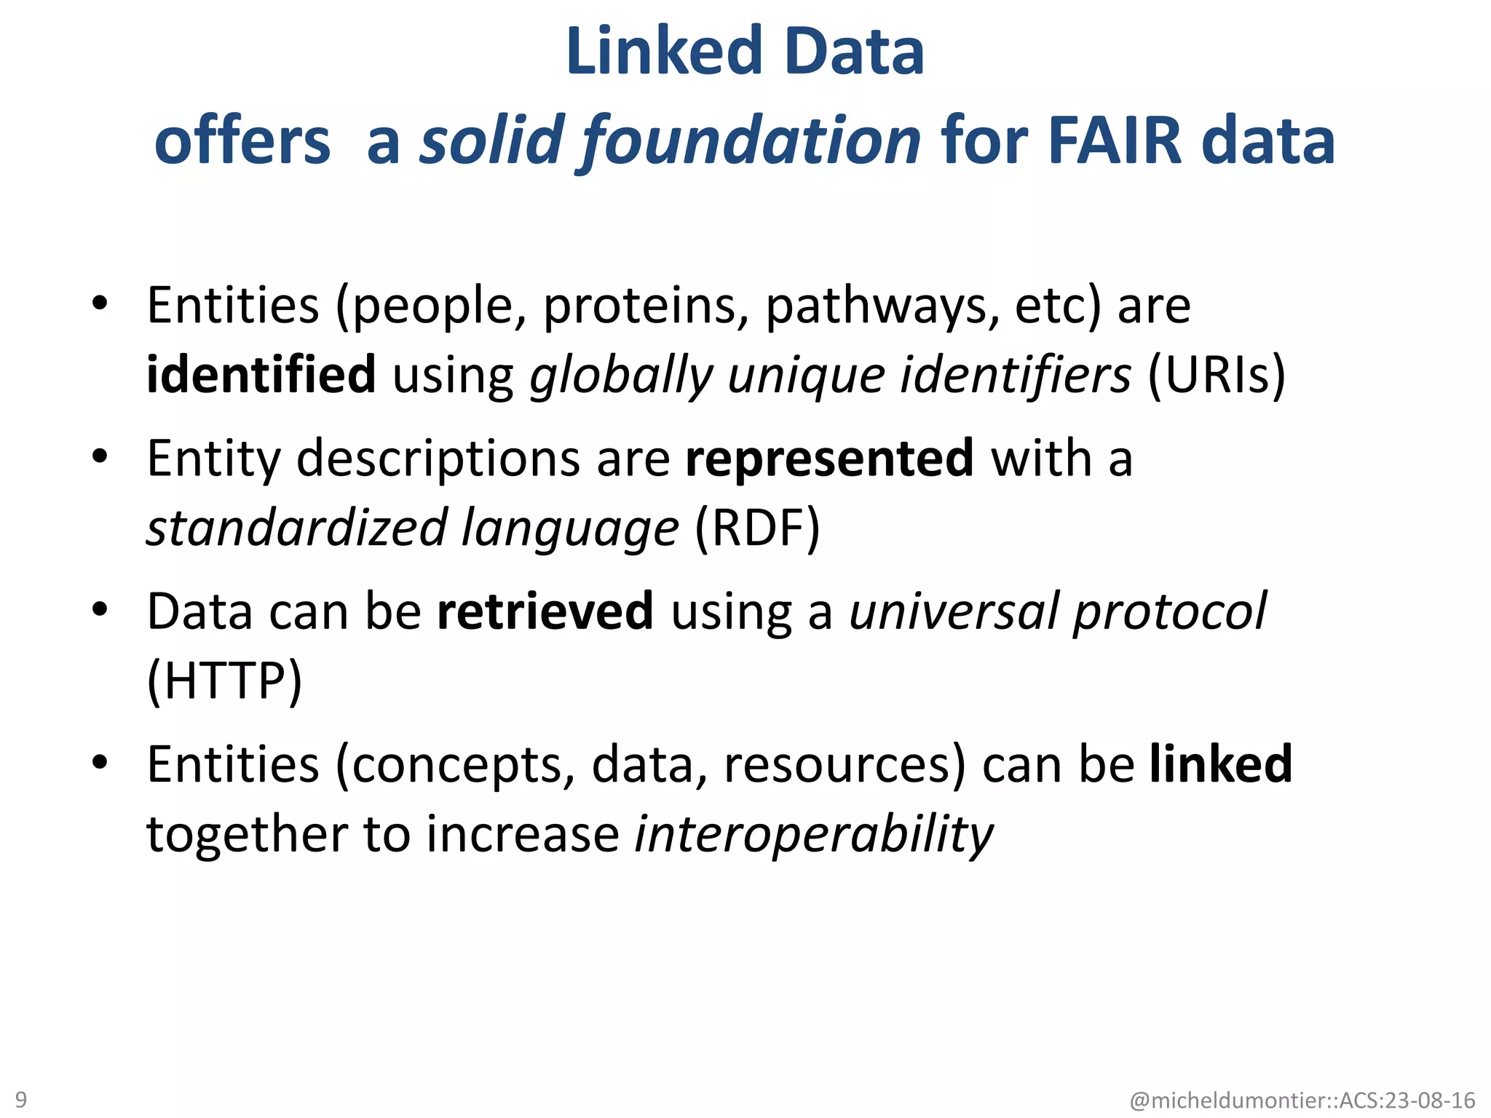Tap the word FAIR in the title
tap(1115, 140)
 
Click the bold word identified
tap(261, 374)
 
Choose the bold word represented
tap(829, 458)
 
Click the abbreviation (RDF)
tap(758, 528)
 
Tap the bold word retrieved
tap(545, 611)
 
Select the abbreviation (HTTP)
tap(224, 681)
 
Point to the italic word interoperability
tap(813, 834)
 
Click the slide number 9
tap(21, 1099)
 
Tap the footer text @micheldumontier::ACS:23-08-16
tap(1302, 1100)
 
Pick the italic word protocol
tap(1170, 611)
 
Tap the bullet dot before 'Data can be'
tap(100, 609)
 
